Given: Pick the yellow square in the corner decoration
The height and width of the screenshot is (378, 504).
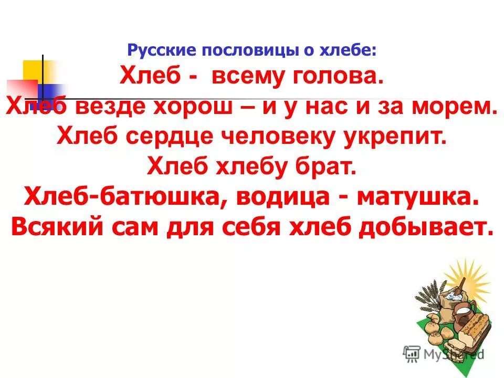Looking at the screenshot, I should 38,71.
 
